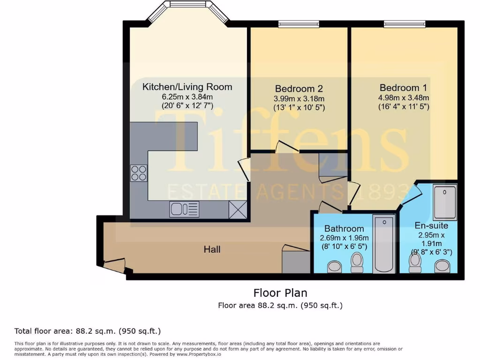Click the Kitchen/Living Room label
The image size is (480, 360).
(187, 87)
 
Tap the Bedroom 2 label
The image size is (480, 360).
(299, 89)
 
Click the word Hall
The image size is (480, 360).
(212, 249)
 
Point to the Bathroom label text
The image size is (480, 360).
(344, 228)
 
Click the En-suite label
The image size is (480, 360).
(431, 225)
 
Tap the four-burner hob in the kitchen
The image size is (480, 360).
(139, 173)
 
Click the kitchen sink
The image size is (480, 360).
(184, 209)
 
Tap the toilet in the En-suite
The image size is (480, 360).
(415, 263)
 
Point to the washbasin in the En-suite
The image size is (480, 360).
(442, 266)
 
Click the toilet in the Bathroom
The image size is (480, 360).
(357, 262)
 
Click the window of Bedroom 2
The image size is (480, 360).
(299, 24)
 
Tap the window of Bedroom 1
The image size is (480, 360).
(404, 24)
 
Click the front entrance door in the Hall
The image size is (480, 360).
(114, 265)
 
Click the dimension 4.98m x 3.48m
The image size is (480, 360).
(403, 98)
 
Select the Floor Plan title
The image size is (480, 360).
(280, 293)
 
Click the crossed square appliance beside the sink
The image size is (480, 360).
(238, 209)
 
